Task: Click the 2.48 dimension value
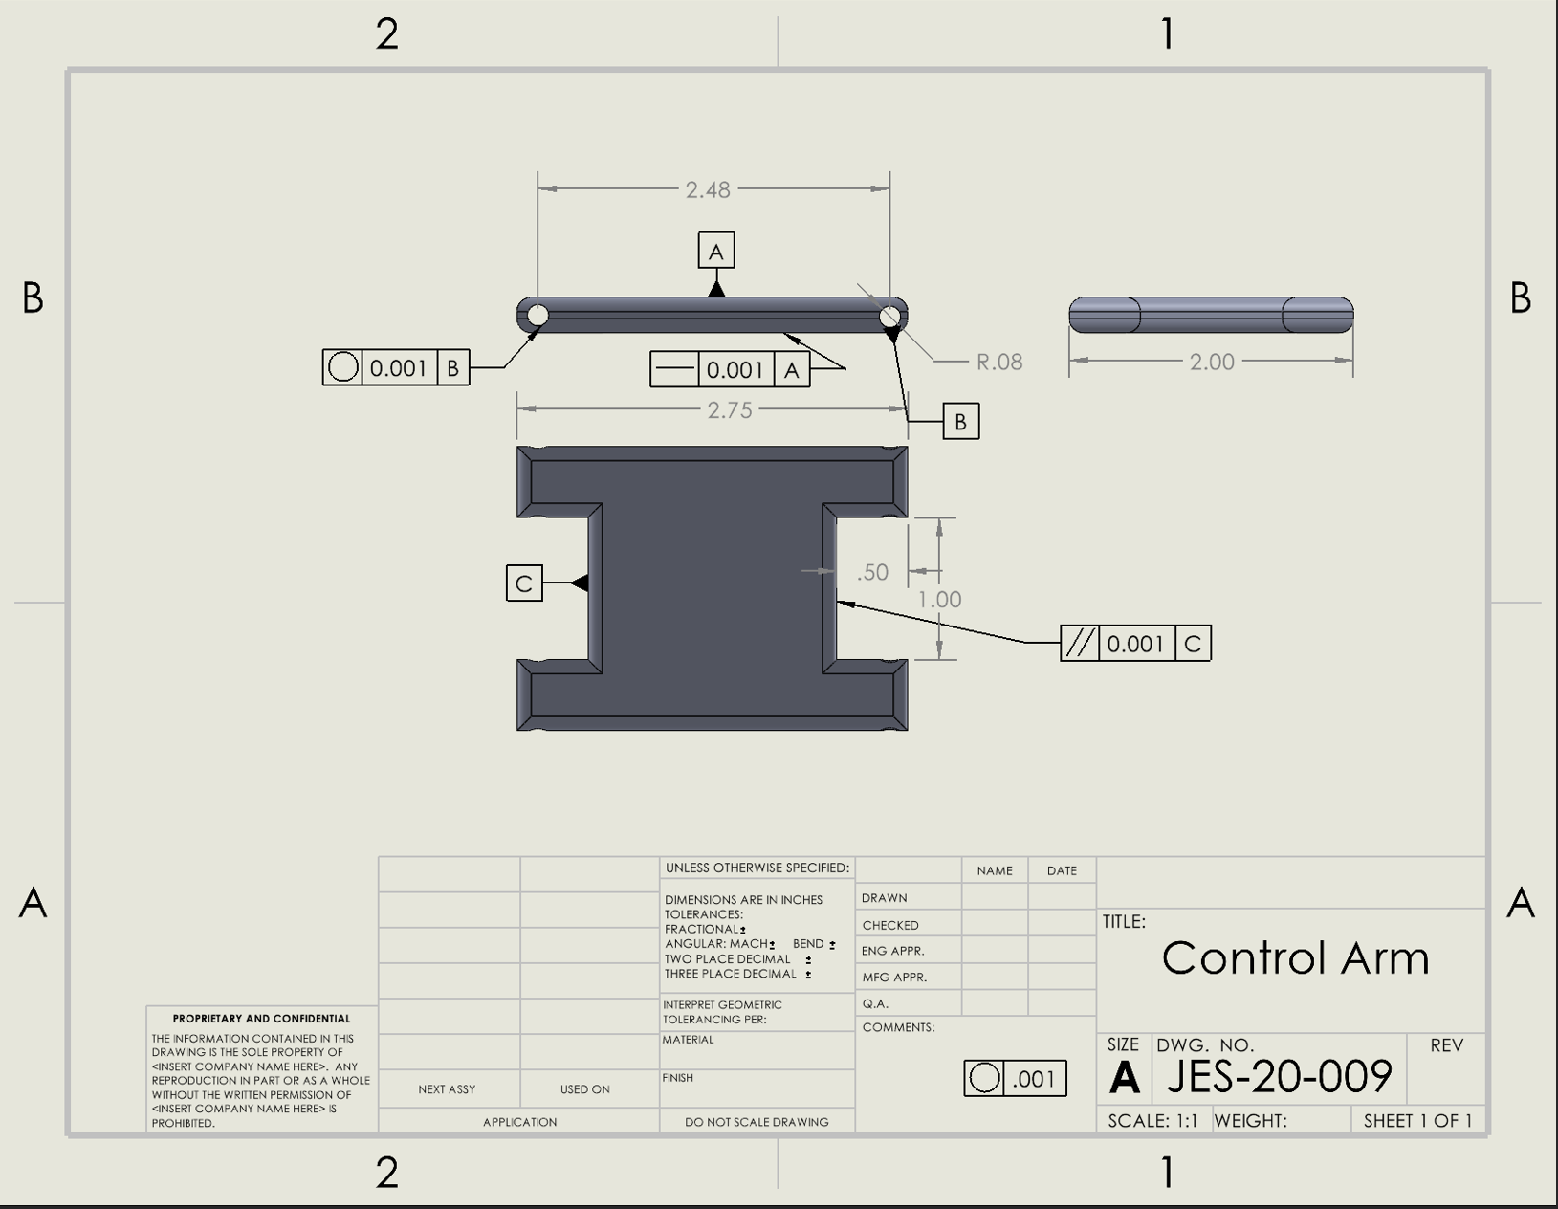point(708,189)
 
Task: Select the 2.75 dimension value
point(729,410)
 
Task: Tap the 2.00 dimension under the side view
point(1211,362)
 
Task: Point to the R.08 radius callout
point(998,362)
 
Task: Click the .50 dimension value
point(872,572)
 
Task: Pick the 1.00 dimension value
point(939,600)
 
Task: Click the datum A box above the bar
point(716,252)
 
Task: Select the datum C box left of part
point(524,583)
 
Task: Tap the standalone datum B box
point(960,422)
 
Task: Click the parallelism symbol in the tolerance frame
point(1080,644)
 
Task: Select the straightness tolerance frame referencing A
point(730,370)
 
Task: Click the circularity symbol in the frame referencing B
point(342,367)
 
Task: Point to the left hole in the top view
point(538,315)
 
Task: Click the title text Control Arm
point(1295,957)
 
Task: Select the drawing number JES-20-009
point(1279,1077)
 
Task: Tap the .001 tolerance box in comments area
point(1015,1079)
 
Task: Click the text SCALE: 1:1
point(1152,1121)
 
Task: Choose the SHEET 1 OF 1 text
point(1417,1121)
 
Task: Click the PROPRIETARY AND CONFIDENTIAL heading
point(261,1019)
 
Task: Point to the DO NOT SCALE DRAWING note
point(757,1122)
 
